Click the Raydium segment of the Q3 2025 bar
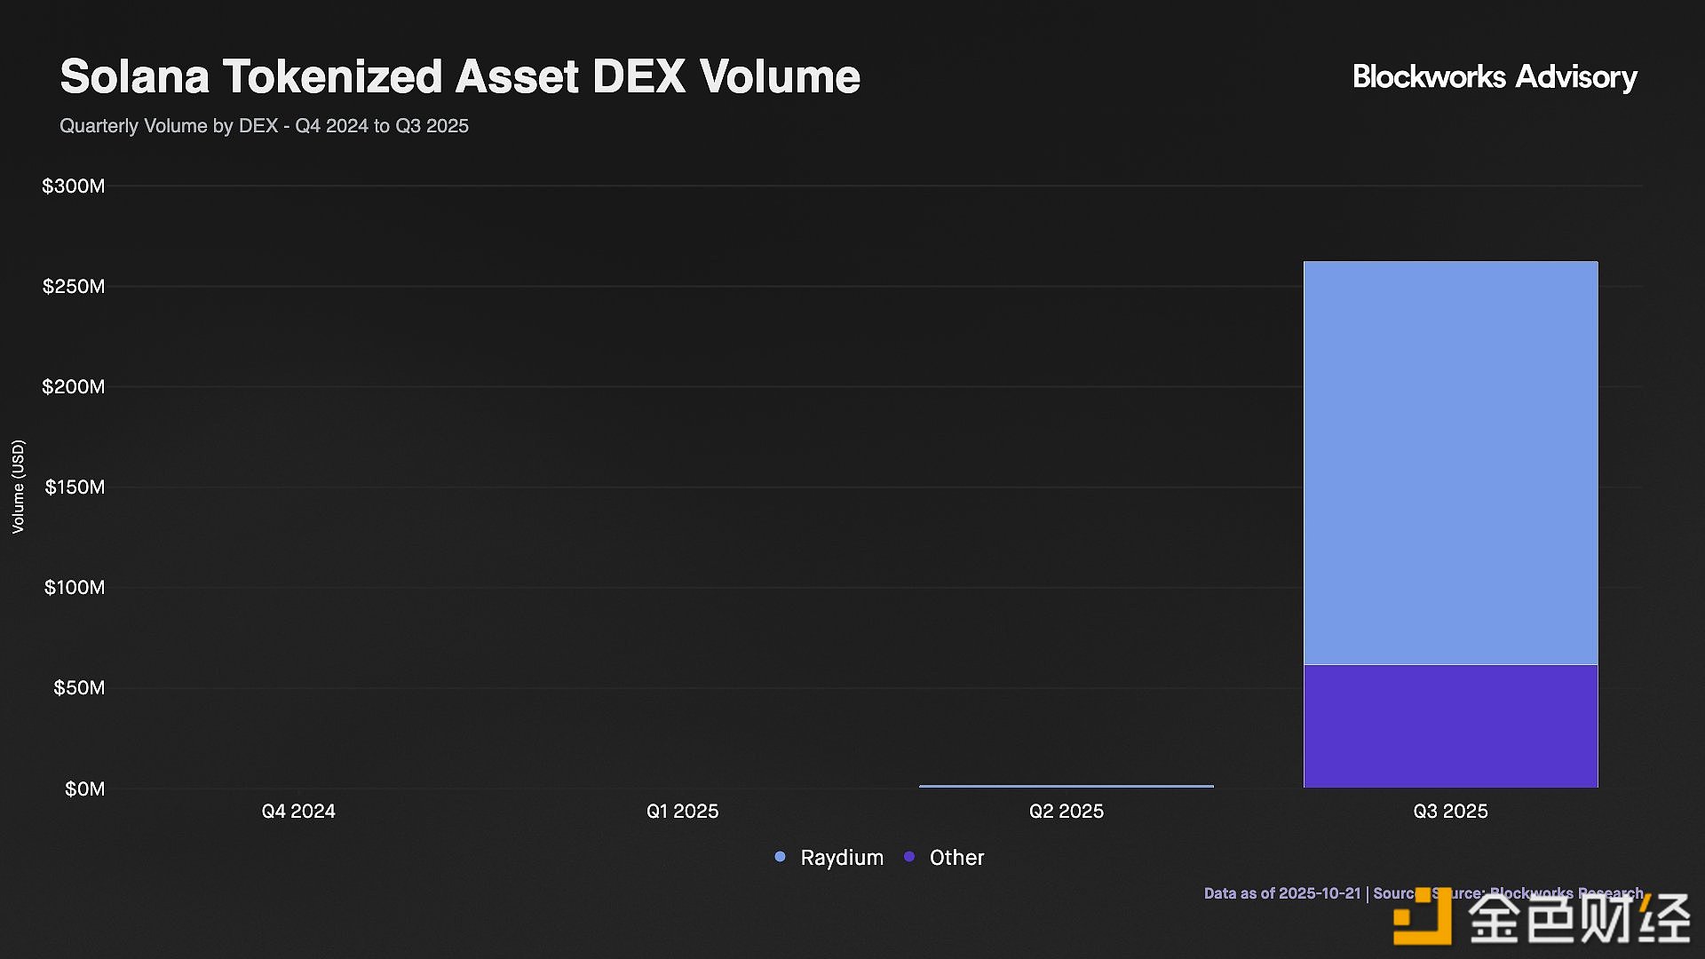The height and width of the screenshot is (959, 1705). tap(1450, 462)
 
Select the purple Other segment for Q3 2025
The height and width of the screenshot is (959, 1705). tap(1450, 725)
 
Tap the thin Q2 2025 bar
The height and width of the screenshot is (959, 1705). tap(1066, 786)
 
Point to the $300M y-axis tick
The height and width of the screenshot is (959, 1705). tap(73, 186)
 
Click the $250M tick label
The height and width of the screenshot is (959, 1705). tap(73, 287)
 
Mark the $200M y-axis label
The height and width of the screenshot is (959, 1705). tap(73, 387)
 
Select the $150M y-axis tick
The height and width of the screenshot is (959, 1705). tap(75, 487)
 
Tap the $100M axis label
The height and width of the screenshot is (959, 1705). tap(75, 588)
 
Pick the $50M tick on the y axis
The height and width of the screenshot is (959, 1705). tap(78, 688)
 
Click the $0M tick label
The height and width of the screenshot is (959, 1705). tap(84, 789)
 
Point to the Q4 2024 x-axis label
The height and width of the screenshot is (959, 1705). tap(298, 812)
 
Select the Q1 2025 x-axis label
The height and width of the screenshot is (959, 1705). tap(682, 812)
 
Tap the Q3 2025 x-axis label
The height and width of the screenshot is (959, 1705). tap(1450, 812)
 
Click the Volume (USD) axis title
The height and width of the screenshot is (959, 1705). tap(18, 487)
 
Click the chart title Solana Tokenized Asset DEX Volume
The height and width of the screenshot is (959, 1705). tap(460, 76)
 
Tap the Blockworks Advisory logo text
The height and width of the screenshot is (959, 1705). tap(1495, 77)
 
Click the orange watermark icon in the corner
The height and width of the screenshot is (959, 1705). tap(1422, 916)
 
